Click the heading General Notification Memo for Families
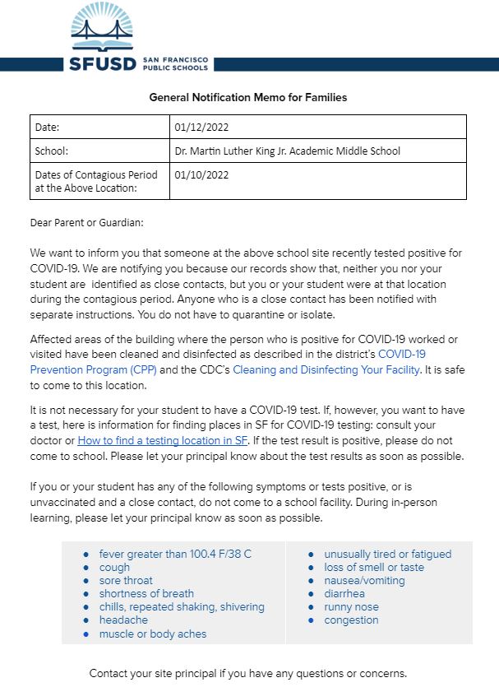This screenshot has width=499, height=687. coord(247,97)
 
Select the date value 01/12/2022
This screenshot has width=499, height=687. coord(201,127)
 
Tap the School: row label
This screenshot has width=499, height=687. coord(51,151)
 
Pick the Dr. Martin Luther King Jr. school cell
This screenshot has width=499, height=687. coord(287,151)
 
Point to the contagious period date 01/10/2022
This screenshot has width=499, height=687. coord(201,174)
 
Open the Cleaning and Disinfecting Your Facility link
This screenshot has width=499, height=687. coord(326,370)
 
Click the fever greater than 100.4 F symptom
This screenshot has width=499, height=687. coord(175,554)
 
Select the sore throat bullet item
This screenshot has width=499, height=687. coord(126,580)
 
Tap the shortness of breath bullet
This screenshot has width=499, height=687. coord(146,593)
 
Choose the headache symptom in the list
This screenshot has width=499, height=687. coord(123,620)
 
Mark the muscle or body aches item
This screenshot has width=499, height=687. coord(153,634)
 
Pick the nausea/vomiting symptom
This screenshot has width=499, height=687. coord(364,580)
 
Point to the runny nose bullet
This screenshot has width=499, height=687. coord(351,606)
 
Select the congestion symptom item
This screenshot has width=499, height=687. coord(351,620)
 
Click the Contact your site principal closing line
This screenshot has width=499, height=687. coord(247,672)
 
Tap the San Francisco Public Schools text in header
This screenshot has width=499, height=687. coord(176,63)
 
